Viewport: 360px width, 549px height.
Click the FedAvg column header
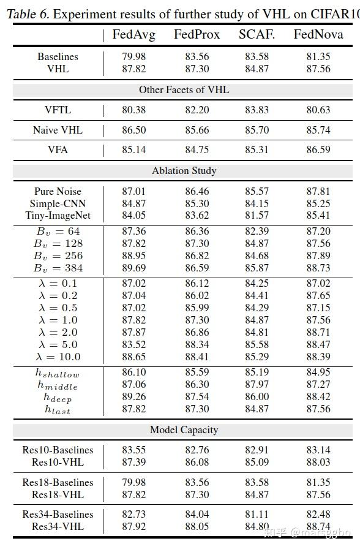133,35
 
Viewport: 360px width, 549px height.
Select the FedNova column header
318,34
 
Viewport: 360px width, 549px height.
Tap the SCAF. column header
257,34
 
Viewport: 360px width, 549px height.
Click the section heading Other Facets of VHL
184,90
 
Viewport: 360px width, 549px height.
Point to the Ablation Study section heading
184,171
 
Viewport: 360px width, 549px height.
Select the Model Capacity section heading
184,430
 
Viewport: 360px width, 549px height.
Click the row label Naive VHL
58,131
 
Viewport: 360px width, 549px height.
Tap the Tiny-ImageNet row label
58,215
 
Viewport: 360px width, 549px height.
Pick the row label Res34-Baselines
58,514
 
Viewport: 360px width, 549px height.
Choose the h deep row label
58,398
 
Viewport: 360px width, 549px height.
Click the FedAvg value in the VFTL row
133,110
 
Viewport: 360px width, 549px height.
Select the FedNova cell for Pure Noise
318,192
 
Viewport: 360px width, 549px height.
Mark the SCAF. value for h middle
257,384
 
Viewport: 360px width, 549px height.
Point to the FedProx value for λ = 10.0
197,357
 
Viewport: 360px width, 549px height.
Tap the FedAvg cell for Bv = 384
133,268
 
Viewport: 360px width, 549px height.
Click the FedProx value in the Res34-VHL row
197,526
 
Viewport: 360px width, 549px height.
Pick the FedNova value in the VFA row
318,150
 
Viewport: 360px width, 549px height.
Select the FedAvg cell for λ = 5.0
133,344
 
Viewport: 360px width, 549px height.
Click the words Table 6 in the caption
28,14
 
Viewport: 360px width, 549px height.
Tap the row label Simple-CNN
58,204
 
